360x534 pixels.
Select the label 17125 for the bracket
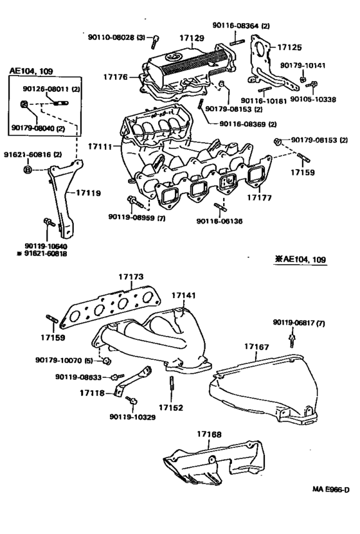point(290,47)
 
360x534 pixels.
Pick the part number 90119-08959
point(122,218)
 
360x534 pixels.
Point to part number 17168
point(208,434)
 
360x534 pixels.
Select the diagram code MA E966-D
point(330,508)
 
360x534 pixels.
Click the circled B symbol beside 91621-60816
point(28,170)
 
